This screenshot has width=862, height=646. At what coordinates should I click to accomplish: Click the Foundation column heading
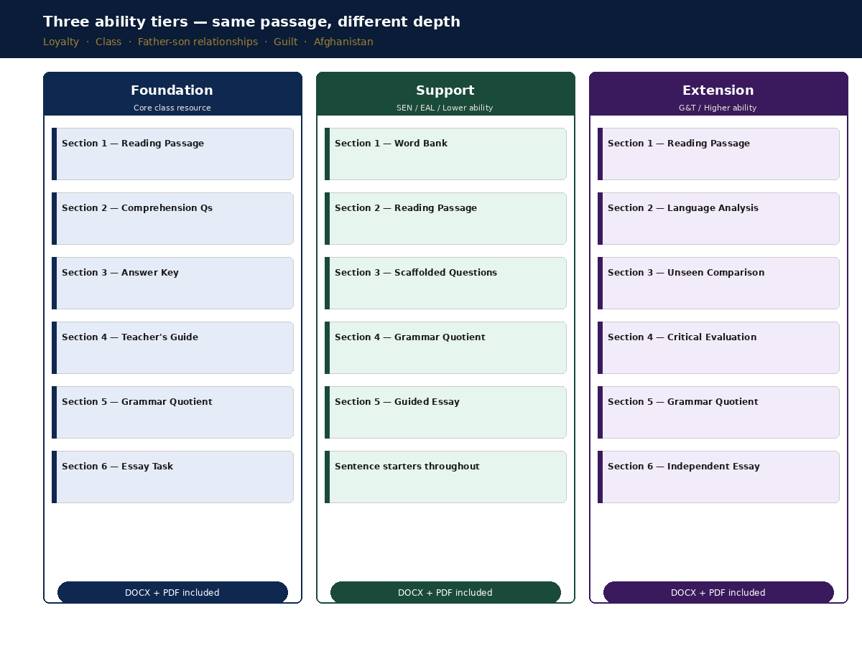172,90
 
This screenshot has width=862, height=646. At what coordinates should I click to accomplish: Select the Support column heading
445,90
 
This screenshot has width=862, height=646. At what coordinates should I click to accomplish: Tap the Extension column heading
718,90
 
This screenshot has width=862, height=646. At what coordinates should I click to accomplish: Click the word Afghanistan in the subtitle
343,42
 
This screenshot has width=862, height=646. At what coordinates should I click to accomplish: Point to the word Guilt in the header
285,42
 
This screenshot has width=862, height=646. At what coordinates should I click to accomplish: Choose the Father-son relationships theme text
198,42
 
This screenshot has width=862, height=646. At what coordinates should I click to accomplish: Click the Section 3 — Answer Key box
173,284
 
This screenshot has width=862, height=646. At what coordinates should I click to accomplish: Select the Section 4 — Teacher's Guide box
173,348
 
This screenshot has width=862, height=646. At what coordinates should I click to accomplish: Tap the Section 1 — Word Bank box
446,154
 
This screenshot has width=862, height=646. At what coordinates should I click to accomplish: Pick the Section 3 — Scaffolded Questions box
446,284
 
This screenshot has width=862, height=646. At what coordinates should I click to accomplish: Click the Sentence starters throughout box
446,477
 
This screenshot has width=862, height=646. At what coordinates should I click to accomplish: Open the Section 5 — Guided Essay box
446,412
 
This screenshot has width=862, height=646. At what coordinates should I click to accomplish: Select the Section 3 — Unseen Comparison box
718,284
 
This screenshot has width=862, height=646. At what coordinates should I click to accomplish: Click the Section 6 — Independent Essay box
718,477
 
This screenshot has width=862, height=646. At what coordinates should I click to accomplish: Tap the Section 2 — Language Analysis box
718,218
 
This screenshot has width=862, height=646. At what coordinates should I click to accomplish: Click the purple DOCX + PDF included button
718,592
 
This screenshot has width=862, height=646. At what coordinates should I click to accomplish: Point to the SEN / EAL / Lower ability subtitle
445,108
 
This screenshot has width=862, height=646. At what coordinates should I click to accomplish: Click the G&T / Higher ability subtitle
718,108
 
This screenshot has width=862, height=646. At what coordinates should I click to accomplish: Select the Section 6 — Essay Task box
173,477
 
